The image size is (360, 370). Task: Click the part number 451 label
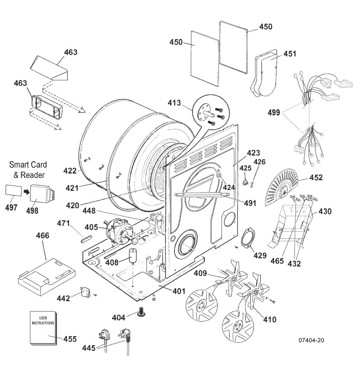click(x=290, y=53)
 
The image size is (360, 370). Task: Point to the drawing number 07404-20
click(x=311, y=340)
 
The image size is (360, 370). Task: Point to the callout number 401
click(x=179, y=291)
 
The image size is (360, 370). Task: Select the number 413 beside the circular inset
click(x=174, y=103)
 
